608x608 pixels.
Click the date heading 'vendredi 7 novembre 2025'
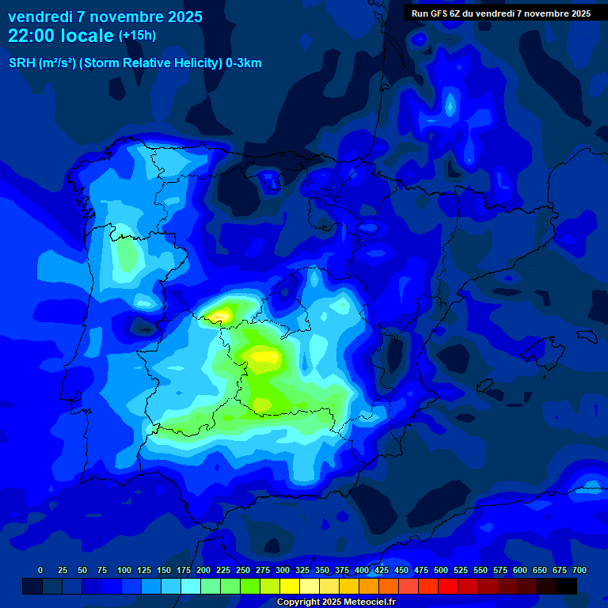105,17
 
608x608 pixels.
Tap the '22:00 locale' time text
61,35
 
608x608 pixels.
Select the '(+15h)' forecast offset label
137,36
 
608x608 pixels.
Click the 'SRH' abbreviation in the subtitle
21,63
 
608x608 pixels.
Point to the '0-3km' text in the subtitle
244,63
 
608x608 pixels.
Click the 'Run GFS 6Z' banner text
437,13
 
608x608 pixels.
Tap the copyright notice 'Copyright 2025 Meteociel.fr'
336,602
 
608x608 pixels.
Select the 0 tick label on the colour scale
40,570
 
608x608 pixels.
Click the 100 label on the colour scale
124,570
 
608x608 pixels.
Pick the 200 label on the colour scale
203,570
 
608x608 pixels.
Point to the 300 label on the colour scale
283,570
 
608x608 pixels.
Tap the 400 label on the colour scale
362,570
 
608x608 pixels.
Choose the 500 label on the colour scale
441,570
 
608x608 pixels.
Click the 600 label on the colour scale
520,570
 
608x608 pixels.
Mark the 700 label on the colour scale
579,570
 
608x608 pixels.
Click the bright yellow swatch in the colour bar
290,586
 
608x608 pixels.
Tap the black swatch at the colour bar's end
567,586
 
